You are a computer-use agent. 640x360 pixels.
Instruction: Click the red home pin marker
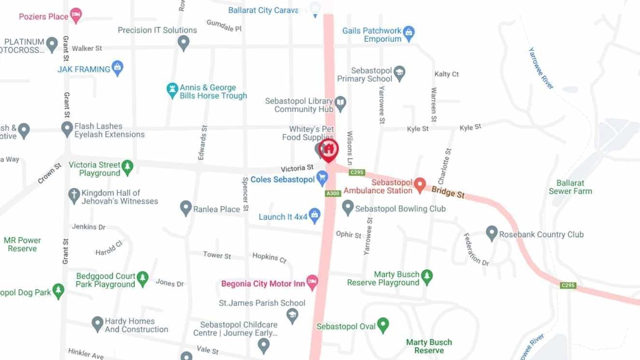pyautogui.click(x=328, y=149)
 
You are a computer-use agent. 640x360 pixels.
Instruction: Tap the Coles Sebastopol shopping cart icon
pyautogui.click(x=322, y=178)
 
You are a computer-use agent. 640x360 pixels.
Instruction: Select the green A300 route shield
pyautogui.click(x=333, y=193)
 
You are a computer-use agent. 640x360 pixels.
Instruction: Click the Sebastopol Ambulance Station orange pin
pyautogui.click(x=420, y=184)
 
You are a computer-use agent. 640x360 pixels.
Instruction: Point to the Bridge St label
pyautogui.click(x=448, y=192)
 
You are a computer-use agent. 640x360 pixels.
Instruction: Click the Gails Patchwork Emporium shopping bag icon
pyautogui.click(x=409, y=32)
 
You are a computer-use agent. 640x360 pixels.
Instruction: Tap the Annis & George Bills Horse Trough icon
pyautogui.click(x=172, y=90)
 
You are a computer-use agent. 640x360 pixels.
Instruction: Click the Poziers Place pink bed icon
pyautogui.click(x=76, y=15)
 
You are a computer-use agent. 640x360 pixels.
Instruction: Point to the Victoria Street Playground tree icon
pyautogui.click(x=128, y=167)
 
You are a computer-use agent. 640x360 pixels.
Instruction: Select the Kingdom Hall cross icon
pyautogui.click(x=74, y=195)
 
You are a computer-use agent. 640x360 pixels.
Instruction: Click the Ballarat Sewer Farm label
pyautogui.click(x=570, y=187)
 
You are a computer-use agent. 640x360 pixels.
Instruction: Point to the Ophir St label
pyautogui.click(x=348, y=234)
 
